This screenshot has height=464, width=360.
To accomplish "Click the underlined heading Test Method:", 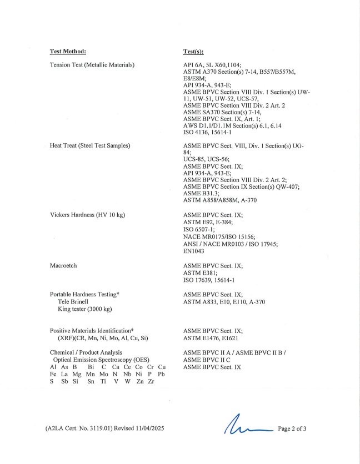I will point(68,52).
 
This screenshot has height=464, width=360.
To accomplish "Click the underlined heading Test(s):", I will point(193,52).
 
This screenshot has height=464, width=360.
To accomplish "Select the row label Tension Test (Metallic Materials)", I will point(92,65).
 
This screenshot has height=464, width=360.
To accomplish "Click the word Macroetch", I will point(63,266).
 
